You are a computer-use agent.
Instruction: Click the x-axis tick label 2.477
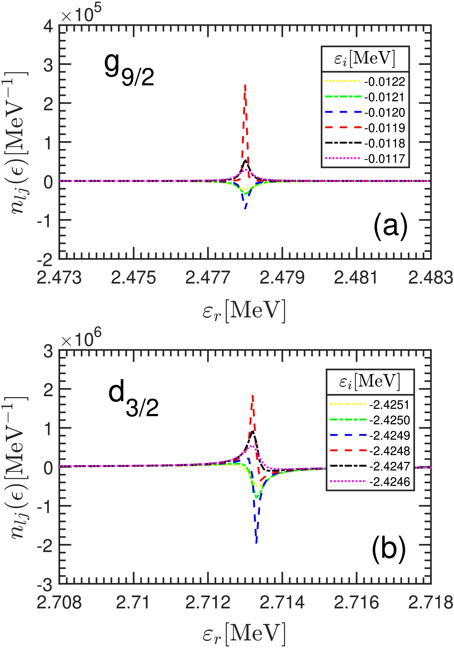[x=208, y=278]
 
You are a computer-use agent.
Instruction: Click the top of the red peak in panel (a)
[x=245, y=85]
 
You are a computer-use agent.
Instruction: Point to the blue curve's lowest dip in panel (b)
[x=256, y=542]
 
